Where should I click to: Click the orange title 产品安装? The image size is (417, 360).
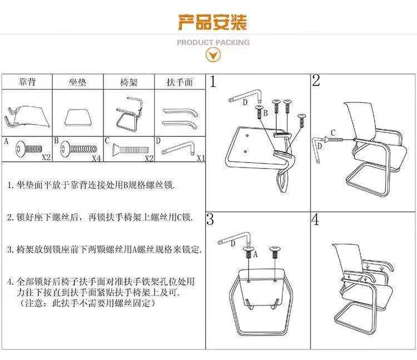click(212, 22)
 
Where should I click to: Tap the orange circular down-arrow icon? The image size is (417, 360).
click(214, 55)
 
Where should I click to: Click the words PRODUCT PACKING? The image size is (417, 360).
click(214, 42)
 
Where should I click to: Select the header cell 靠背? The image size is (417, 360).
click(27, 82)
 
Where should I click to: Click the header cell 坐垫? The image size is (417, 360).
click(78, 82)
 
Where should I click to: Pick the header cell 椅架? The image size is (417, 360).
click(129, 82)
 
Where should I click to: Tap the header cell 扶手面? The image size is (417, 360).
click(180, 82)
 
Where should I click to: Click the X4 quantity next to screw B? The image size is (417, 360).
click(96, 159)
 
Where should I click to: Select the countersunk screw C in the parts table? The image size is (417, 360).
click(130, 150)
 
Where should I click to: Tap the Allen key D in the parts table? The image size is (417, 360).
click(179, 148)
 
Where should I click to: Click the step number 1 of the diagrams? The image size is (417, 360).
click(213, 82)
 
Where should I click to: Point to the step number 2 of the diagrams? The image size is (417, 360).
click(316, 80)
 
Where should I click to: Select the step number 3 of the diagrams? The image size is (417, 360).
click(210, 220)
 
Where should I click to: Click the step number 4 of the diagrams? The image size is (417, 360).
click(315, 220)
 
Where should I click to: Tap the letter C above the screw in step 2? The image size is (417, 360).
click(333, 133)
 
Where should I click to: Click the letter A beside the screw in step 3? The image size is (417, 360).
click(255, 255)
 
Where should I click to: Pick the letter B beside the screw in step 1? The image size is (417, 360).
click(265, 114)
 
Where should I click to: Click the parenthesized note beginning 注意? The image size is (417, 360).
click(87, 303)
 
